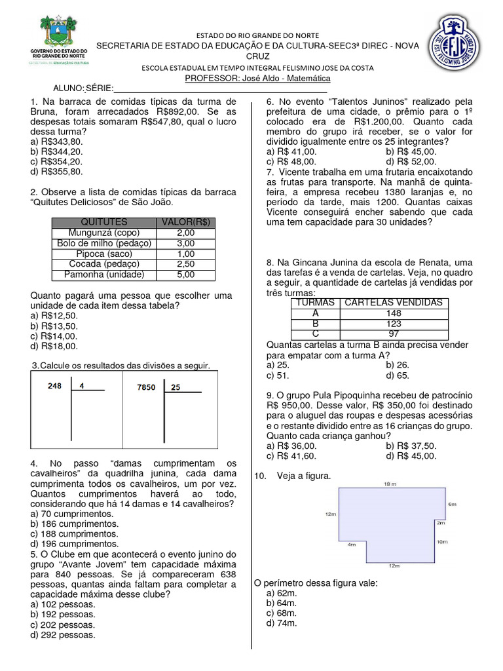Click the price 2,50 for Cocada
[x=185, y=264]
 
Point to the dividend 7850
[x=146, y=387]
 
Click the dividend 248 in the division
[x=55, y=386]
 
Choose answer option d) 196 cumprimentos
[x=75, y=543]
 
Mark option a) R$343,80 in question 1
[x=57, y=141]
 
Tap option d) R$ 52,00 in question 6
[x=411, y=161]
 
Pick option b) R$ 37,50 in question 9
[x=411, y=446]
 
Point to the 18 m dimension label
[x=389, y=484]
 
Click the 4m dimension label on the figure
[x=352, y=544]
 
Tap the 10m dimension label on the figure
[x=442, y=542]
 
